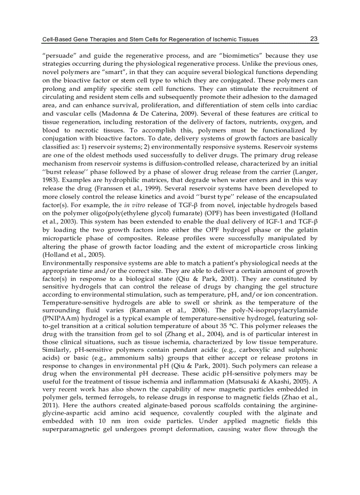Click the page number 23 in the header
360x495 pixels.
click(314, 39)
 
